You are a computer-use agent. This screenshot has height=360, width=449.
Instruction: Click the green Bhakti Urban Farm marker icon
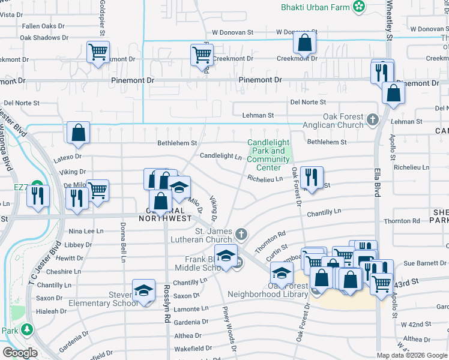(359, 7)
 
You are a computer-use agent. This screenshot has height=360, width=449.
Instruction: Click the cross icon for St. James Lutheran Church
(241, 233)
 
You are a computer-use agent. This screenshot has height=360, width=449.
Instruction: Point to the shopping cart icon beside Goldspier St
(98, 52)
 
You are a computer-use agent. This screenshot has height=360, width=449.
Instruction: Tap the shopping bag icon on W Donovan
(305, 43)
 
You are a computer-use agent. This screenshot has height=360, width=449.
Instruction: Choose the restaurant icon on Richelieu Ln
(311, 177)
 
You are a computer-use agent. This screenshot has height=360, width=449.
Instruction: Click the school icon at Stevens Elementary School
(143, 291)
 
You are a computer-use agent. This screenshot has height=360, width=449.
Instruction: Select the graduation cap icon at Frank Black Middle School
(225, 256)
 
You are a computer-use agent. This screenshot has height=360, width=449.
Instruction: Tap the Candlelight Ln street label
(220, 156)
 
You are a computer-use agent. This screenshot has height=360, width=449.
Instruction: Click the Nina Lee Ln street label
(86, 231)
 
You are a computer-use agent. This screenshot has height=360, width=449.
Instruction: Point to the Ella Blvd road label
(378, 179)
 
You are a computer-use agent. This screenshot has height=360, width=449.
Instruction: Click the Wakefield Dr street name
(193, 348)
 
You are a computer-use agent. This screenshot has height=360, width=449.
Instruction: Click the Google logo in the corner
(20, 353)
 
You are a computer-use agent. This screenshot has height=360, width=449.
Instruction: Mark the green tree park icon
(26, 329)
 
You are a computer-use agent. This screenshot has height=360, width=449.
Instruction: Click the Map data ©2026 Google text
(412, 355)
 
